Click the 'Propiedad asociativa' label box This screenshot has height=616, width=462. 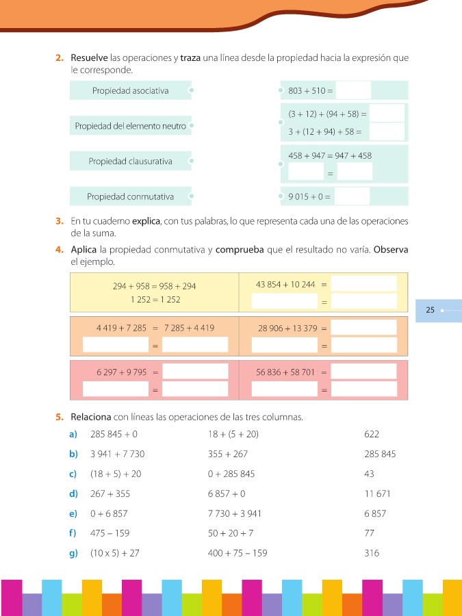coord(130,91)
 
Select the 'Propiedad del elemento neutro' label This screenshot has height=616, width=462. coord(130,126)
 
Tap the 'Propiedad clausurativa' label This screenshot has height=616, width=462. coord(130,162)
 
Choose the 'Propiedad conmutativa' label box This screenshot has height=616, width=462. coord(130,197)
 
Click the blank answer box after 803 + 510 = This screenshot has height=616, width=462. coord(353,90)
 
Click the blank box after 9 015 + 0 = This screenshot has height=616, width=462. coord(352,197)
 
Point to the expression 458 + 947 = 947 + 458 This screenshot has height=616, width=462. coord(330,156)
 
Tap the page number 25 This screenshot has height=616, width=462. coord(430,310)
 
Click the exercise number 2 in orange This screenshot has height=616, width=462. coord(60,58)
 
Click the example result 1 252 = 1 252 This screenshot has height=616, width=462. coord(154,299)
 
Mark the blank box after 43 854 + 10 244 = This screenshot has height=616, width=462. coord(363,283)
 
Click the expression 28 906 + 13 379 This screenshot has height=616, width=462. coord(287,329)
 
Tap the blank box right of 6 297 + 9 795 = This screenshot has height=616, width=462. coord(195,372)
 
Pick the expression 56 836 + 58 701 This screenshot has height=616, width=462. coord(285,372)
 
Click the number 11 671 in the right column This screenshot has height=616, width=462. coord(378,493)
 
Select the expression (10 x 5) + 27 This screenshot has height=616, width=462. coord(115,553)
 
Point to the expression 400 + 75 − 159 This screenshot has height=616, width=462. coord(237,553)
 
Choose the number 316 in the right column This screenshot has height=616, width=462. coord(372,553)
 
